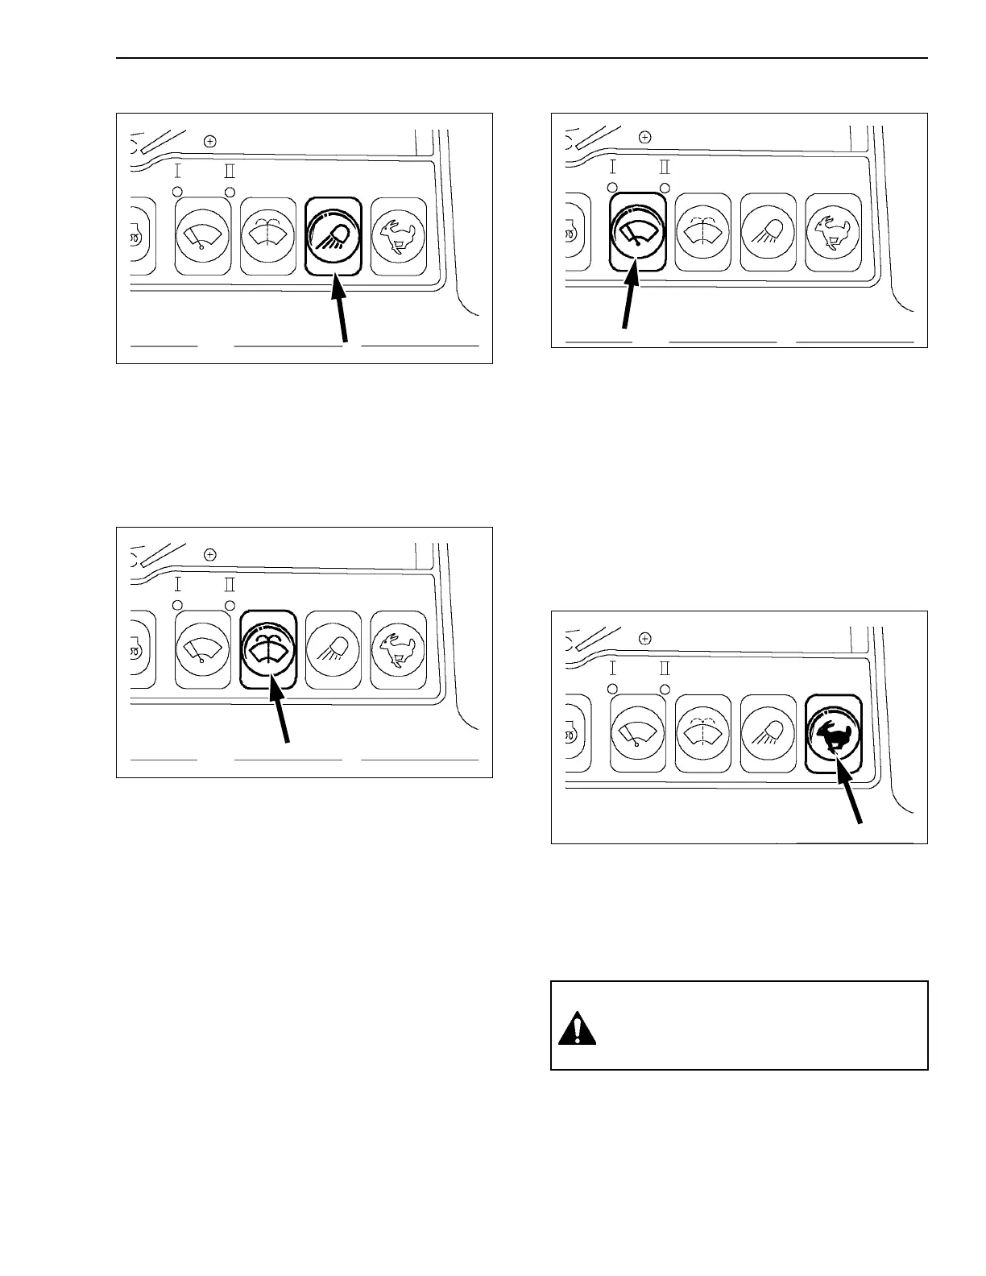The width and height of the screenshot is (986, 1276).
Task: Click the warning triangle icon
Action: (x=577, y=1028)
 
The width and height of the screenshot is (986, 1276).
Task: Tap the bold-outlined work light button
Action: (x=333, y=236)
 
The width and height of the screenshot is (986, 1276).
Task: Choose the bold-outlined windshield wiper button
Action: (x=637, y=231)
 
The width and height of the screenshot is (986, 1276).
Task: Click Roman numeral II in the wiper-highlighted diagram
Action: (x=665, y=168)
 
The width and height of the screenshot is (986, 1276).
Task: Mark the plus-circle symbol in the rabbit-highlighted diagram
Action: (x=644, y=638)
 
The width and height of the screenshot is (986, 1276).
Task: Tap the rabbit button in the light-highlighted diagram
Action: (x=399, y=236)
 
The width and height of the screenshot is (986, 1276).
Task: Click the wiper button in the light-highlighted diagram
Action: (x=203, y=236)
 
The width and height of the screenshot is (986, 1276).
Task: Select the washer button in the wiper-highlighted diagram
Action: (x=703, y=231)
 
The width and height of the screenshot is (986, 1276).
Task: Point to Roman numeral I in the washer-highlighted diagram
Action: (x=178, y=584)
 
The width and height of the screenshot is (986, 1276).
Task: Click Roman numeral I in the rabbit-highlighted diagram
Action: (x=612, y=669)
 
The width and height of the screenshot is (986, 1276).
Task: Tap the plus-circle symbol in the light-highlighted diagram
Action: (x=210, y=142)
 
